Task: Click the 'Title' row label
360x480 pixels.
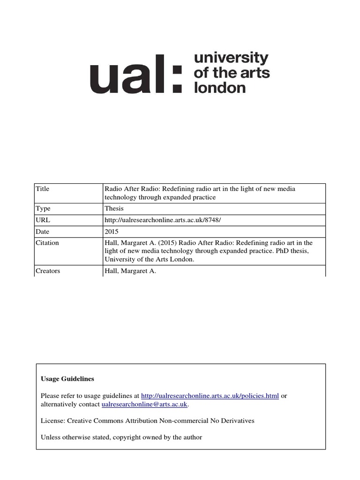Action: tap(42, 189)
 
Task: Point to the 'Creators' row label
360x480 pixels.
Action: tap(48, 271)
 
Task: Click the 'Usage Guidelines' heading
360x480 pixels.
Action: tap(67, 379)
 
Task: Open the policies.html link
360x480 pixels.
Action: tap(210, 396)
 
